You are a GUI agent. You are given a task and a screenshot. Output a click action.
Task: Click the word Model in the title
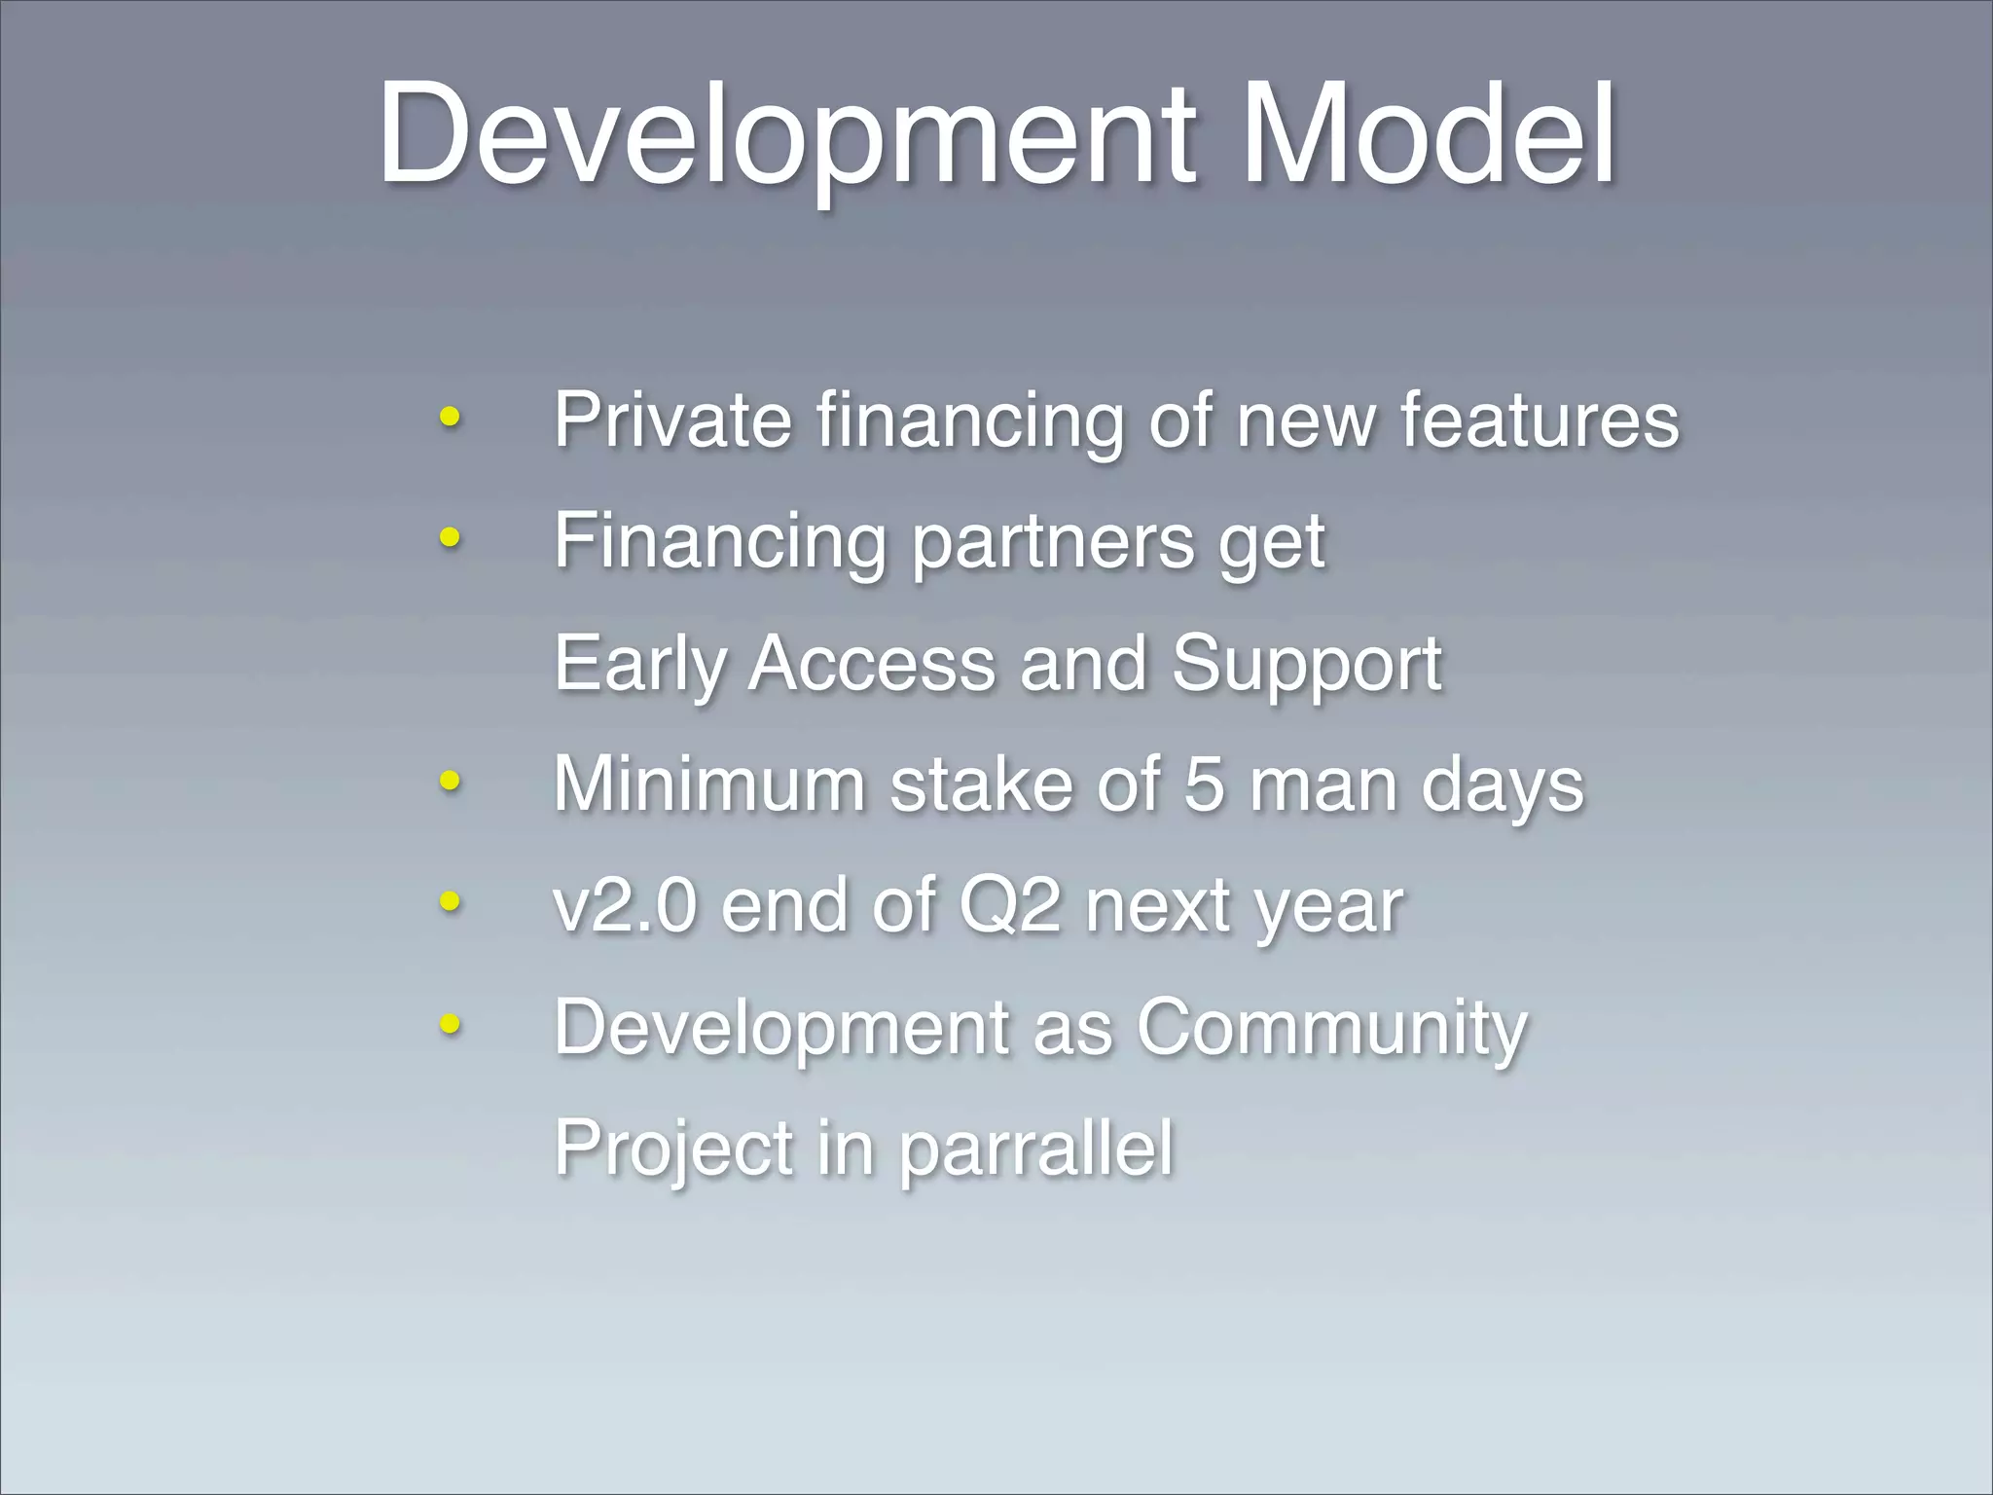coord(1428,133)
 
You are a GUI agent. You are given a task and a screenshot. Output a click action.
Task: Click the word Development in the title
coord(786,133)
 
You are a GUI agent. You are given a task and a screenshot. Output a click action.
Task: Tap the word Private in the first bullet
coord(672,420)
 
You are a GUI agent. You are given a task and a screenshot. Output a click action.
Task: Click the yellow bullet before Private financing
coord(449,418)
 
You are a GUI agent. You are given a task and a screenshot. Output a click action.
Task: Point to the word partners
coord(1052,542)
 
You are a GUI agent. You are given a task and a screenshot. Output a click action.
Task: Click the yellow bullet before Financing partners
coord(449,536)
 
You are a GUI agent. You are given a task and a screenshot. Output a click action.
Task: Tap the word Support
coord(1306,665)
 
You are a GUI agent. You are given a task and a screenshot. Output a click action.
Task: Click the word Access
coord(872,663)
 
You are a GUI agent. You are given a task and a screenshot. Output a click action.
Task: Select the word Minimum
coord(708,784)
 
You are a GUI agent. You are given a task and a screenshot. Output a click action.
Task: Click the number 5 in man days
coord(1204,784)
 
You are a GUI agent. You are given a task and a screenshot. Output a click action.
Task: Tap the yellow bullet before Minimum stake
coord(449,780)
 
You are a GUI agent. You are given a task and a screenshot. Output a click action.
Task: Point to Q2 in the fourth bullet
coord(1009,906)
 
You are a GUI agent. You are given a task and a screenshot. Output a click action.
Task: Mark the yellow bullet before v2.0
coord(449,900)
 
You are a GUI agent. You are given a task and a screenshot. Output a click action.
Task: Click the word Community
coord(1332,1029)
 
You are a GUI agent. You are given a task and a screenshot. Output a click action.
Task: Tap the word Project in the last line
coord(673,1149)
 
